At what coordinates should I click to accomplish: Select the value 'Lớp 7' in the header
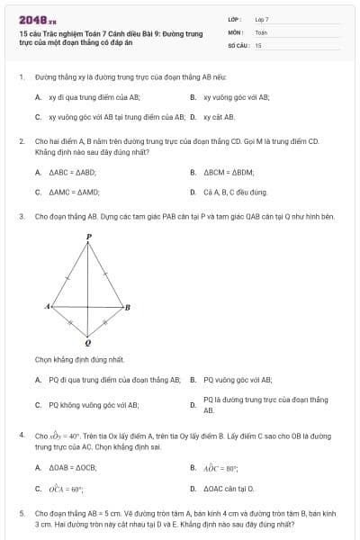click(x=262, y=19)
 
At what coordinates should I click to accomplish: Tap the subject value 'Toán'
click(x=261, y=31)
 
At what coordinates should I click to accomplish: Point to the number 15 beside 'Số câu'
click(x=258, y=44)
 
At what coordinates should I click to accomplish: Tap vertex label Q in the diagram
click(x=87, y=343)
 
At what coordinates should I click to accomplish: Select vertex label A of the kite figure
click(x=47, y=307)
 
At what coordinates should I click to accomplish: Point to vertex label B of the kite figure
click(x=127, y=307)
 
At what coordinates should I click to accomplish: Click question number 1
click(x=21, y=77)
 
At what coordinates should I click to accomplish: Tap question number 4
click(x=21, y=434)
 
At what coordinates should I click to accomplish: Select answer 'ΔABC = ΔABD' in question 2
click(x=72, y=172)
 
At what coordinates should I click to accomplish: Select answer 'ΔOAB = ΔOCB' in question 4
click(x=73, y=468)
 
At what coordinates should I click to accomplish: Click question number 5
click(x=21, y=512)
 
